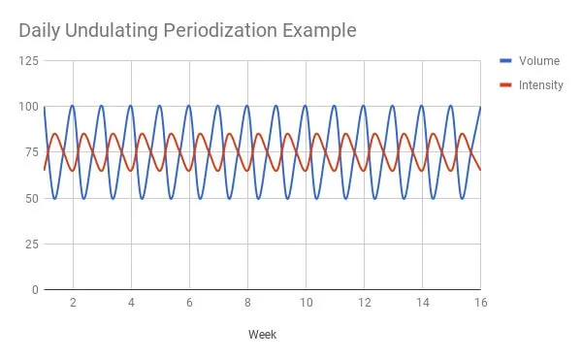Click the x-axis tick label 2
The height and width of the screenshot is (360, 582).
pos(73,303)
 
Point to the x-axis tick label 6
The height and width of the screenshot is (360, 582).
pos(189,303)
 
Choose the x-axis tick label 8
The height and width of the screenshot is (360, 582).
pos(247,303)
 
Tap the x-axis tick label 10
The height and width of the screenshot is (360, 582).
pos(306,303)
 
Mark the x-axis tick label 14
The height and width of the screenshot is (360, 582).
pos(422,303)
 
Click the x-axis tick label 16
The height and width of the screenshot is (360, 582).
pos(479,303)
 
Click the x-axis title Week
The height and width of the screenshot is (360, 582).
pos(262,335)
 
